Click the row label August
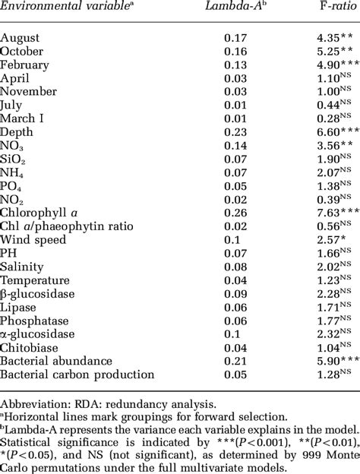point(21,36)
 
